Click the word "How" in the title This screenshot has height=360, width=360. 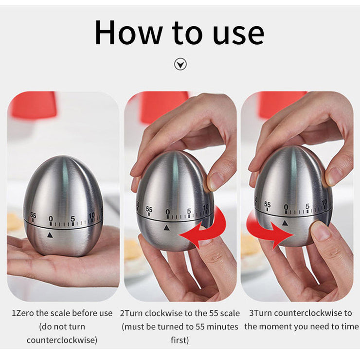tap(129, 33)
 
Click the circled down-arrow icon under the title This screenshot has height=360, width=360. tap(180, 64)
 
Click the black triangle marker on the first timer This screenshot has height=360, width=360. tap(50, 235)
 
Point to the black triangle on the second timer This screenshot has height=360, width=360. tap(166, 228)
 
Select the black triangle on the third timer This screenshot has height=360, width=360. tap(285, 222)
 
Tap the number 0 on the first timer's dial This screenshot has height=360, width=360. tap(51, 218)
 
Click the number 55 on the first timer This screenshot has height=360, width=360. tap(33, 216)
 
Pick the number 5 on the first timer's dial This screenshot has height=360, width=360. tap(72, 219)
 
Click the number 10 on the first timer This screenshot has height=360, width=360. tap(91, 216)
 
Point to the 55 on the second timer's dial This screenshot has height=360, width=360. tap(149, 209)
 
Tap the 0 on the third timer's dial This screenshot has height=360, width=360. tap(286, 207)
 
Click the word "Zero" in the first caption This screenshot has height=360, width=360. tap(25, 313)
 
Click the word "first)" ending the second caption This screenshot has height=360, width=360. tap(180, 340)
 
